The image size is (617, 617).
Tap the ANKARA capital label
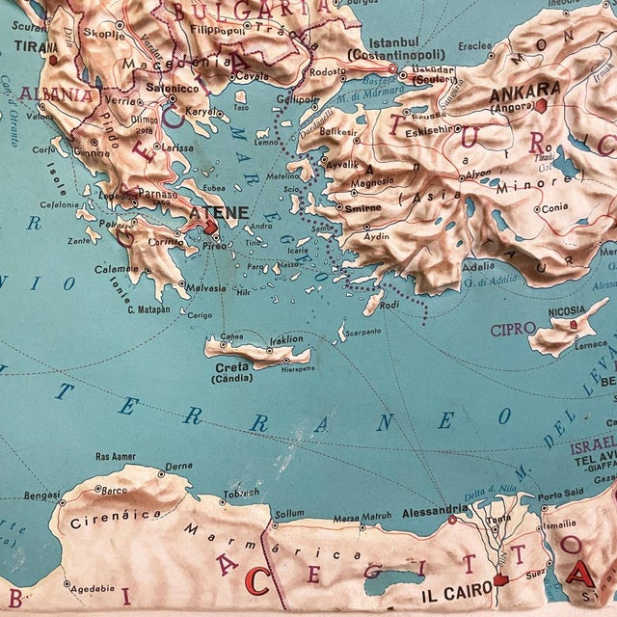[519, 94]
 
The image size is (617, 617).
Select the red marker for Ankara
[543, 104]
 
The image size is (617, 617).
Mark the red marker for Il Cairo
[499, 580]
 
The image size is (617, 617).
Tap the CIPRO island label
[512, 330]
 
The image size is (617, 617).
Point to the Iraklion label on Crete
[285, 338]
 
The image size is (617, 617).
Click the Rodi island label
[389, 306]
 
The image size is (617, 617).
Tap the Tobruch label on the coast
[241, 493]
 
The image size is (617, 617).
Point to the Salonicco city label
[172, 87]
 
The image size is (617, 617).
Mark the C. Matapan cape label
[148, 309]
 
